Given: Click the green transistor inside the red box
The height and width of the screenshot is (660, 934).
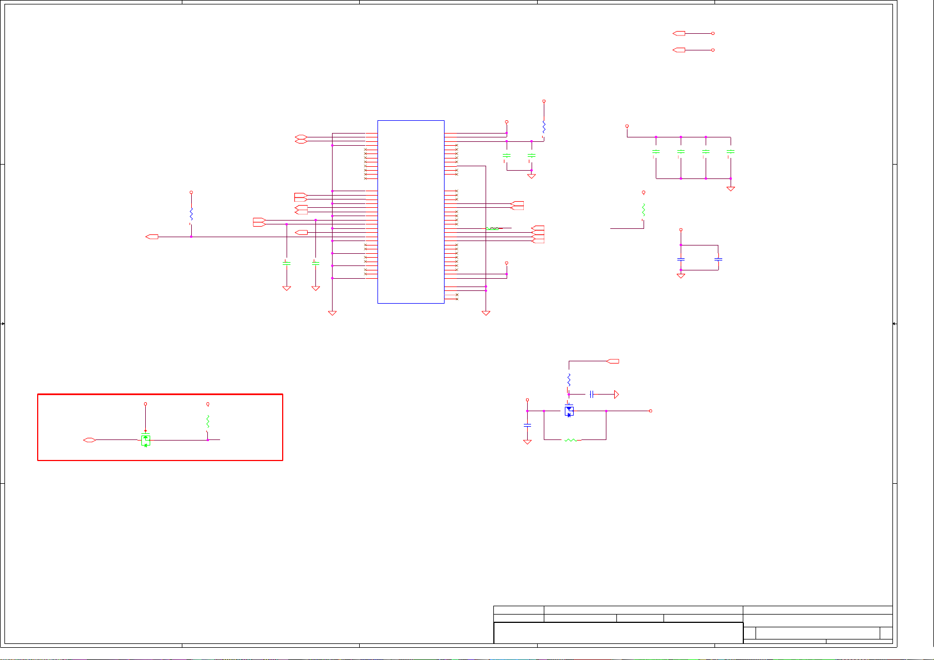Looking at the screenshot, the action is coord(146,439).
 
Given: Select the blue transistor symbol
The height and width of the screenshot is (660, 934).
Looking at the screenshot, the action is coord(569,411).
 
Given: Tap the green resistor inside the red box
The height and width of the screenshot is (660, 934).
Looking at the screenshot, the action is coord(208,421).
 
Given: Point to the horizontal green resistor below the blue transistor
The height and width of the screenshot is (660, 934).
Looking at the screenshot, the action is coord(570,440).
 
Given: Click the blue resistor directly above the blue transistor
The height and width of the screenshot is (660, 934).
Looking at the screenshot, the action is coord(569,380).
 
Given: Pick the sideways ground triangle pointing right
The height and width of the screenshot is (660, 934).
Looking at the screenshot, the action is coord(616,395).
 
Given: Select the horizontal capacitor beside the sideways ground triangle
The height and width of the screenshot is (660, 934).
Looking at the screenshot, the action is coord(592,395).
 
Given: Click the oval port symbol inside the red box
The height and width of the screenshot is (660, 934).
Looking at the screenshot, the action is coord(89,440).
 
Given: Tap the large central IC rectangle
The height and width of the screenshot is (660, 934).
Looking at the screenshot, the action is coord(411,212).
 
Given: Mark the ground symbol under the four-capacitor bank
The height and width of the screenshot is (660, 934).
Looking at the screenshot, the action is coord(731,189).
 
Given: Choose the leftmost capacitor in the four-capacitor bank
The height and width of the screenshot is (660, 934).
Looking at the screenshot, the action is coord(656,151).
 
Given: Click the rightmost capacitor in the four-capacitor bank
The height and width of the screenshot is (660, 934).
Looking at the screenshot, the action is coord(731,151).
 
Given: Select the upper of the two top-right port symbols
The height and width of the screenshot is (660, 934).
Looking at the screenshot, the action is coord(678,33).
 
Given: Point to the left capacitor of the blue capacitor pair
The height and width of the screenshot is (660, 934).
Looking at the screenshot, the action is coord(681,259).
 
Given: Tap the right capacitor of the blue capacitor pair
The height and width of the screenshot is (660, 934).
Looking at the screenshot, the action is coord(718,259).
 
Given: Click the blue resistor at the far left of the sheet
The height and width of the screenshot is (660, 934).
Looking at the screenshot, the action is coord(191,214).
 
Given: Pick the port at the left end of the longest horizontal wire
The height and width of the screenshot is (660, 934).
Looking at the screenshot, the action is coord(152,237).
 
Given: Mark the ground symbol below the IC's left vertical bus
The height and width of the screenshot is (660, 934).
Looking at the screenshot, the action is coord(333,313).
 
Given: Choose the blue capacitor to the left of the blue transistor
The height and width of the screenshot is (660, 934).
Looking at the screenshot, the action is coord(527,425).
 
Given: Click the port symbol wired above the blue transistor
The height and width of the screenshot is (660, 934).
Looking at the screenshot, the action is coord(613,361).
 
